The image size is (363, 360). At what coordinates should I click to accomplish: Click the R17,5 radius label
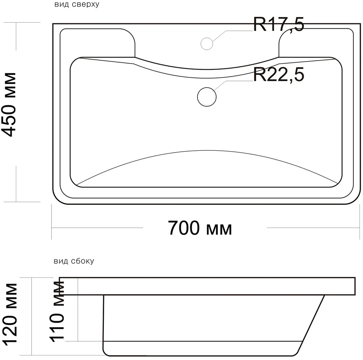click(278, 25)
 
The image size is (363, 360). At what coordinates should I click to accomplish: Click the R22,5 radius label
click(278, 75)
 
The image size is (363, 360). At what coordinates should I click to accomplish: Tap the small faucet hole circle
click(207, 43)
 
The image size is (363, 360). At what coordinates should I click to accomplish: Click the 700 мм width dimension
click(200, 228)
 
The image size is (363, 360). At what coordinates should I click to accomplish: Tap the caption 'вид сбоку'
click(74, 261)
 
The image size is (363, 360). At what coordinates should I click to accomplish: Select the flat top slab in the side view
click(207, 287)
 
